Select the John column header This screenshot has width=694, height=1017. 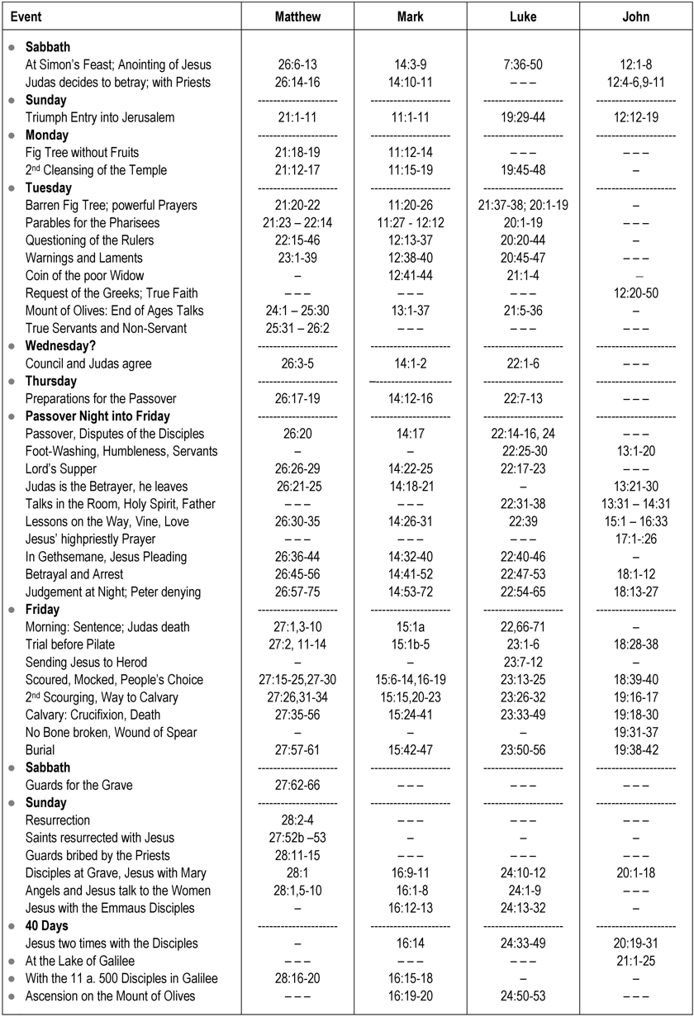click(x=635, y=17)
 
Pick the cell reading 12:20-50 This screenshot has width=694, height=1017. click(x=635, y=293)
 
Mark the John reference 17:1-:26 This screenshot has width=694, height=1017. click(x=635, y=539)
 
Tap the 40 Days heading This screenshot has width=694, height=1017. click(x=52, y=926)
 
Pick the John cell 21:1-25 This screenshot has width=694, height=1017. click(x=635, y=961)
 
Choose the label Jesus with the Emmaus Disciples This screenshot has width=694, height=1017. click(x=110, y=908)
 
